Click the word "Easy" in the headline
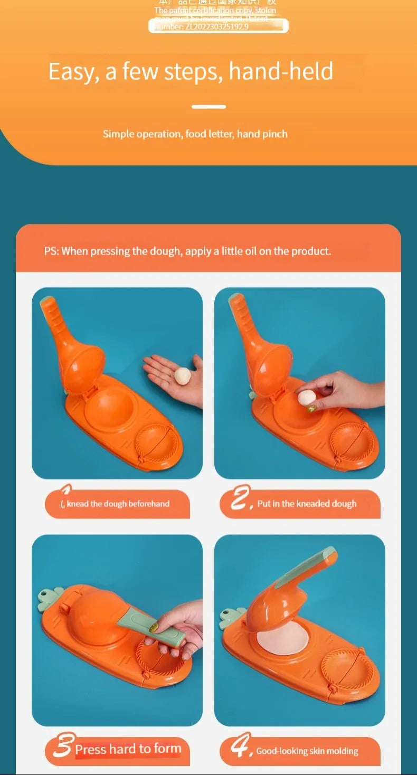(70, 71)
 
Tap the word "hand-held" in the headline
(281, 71)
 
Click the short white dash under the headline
(209, 107)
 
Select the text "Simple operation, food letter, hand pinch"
(195, 134)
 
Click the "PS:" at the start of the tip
(51, 251)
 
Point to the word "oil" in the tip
(251, 251)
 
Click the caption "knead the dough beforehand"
(118, 504)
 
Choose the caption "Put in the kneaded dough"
(307, 504)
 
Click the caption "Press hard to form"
(128, 749)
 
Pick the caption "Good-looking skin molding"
(307, 751)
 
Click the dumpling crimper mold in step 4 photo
(348, 674)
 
